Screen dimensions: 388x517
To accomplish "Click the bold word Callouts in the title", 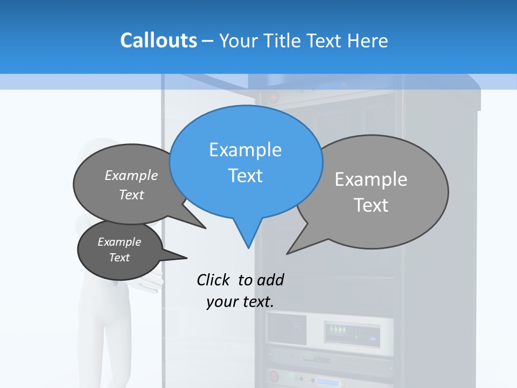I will (158, 40).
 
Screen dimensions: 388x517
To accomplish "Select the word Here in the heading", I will (367, 41).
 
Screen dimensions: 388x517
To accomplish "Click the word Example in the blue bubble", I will (245, 150).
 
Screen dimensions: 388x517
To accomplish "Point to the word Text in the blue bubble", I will (245, 176).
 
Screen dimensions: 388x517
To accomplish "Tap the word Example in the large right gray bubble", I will (371, 179).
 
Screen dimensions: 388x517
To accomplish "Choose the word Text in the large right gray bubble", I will (371, 205).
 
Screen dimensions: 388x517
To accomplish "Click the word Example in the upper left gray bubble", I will (131, 175).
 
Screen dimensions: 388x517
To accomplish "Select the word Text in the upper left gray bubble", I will (131, 195).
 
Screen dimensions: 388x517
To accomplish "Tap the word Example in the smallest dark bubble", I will (119, 242).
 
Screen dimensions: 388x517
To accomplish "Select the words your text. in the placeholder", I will (240, 302).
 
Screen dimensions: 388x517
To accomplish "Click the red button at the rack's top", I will (274, 98).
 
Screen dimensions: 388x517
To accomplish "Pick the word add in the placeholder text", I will (270, 280).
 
